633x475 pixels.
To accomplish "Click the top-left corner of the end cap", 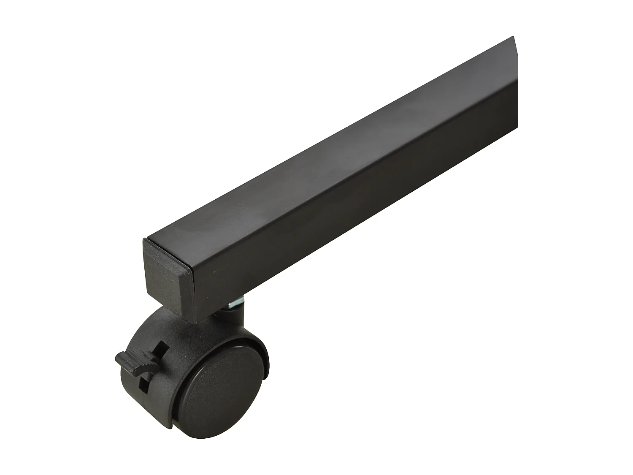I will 143,240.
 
